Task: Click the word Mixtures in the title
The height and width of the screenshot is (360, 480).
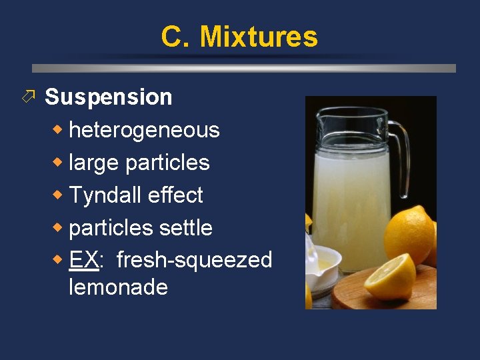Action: coord(259,37)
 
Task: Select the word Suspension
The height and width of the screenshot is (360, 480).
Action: coord(108,97)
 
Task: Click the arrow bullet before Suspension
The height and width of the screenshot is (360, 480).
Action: coord(27,97)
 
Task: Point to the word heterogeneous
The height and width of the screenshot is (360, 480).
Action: coord(144,130)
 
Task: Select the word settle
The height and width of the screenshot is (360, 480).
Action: coord(186,228)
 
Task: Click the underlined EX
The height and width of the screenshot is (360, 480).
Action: coord(83,260)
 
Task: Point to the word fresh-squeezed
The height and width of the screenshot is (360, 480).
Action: coord(194,261)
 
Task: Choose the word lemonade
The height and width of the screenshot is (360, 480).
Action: coord(118,287)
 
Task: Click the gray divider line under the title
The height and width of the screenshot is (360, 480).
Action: coord(244,68)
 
